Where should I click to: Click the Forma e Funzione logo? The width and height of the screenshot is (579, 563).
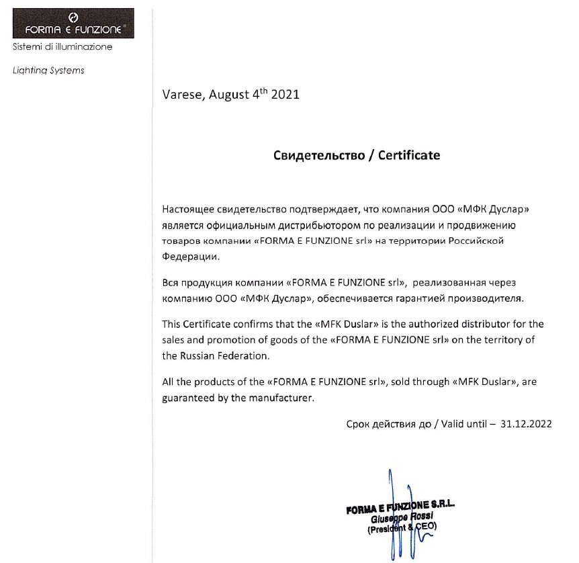[73, 24]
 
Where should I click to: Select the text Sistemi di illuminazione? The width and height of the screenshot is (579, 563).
[62, 47]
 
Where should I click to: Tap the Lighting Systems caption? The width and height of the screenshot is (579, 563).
[48, 71]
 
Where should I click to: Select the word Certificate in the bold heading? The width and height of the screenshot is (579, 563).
[409, 155]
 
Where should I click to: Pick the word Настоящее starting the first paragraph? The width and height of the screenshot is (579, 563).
[190, 210]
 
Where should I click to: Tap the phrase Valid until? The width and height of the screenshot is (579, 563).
[465, 424]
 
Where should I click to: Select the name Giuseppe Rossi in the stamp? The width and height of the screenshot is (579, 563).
[399, 519]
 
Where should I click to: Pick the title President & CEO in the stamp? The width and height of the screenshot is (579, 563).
[402, 528]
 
